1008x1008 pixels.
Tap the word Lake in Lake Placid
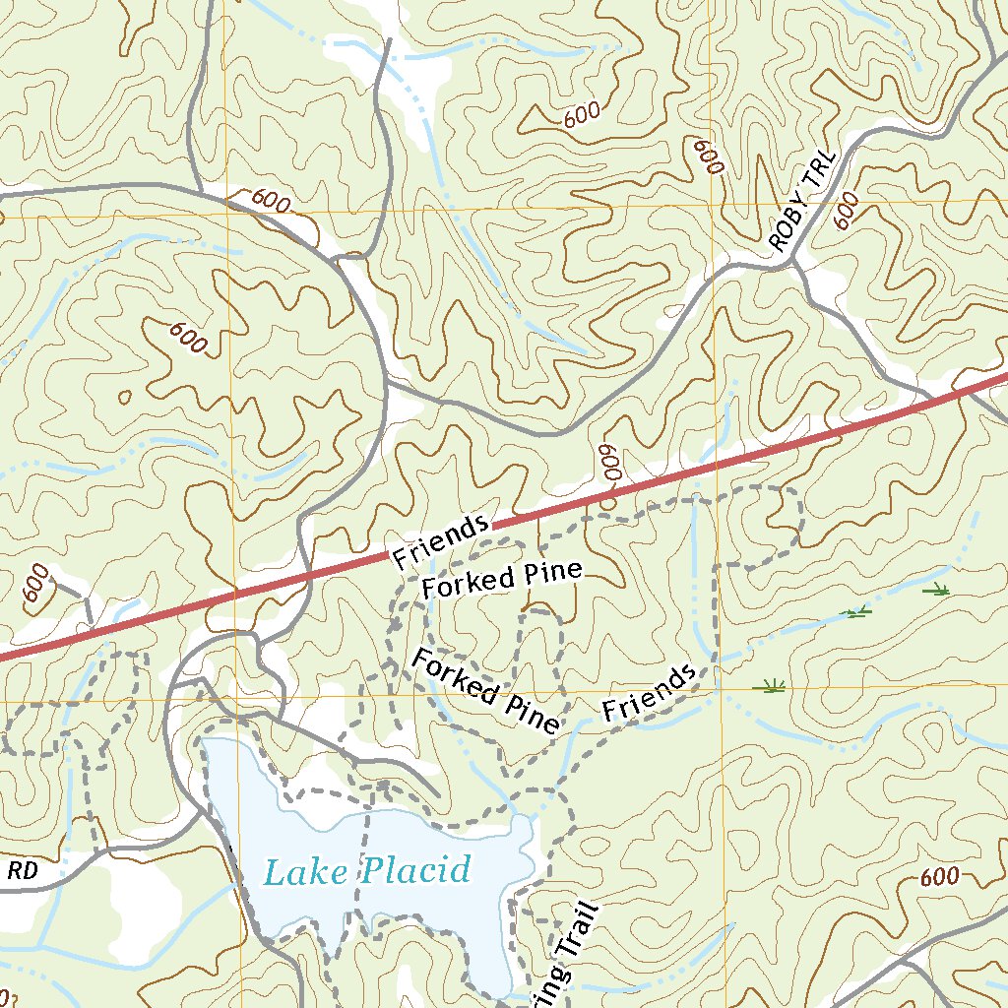(x=304, y=872)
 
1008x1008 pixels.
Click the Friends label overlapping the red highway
(x=441, y=541)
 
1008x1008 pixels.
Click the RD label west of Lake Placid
(x=22, y=870)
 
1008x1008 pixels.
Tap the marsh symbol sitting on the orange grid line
(x=769, y=686)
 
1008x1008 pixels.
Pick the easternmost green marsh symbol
(x=936, y=590)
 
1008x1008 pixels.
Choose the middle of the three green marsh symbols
(x=858, y=612)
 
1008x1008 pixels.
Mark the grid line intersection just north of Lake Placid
(x=231, y=701)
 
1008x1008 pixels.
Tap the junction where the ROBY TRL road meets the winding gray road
(x=793, y=258)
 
